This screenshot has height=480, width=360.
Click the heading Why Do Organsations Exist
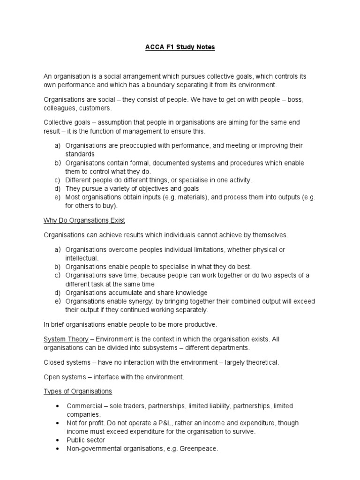84,220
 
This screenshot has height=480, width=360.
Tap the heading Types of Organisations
78,391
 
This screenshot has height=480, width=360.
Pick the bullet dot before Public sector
57,440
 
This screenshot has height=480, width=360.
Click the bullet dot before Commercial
57,406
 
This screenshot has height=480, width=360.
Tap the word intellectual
82,258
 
